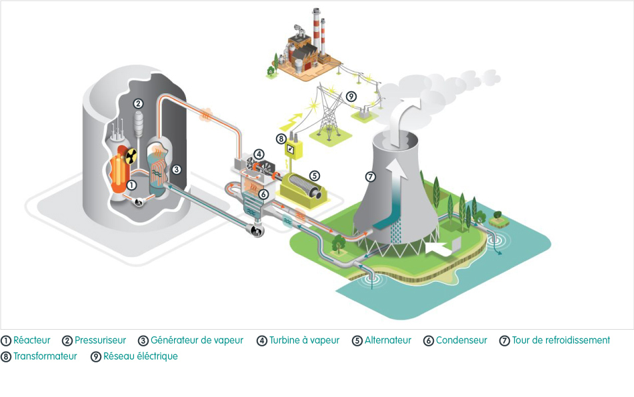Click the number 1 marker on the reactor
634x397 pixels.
click(131, 185)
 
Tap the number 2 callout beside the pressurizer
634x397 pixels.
click(138, 103)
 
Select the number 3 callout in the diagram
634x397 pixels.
click(176, 169)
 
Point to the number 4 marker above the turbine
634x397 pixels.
click(259, 154)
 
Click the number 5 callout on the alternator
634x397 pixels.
click(314, 176)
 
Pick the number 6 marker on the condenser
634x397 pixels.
click(263, 194)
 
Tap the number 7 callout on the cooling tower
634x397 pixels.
click(371, 177)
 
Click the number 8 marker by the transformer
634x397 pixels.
click(282, 139)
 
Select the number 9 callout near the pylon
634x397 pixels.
click(351, 97)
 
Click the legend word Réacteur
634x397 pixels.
click(32, 340)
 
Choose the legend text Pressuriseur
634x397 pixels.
click(100, 340)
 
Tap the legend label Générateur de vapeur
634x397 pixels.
click(197, 340)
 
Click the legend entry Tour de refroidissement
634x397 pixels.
click(561, 340)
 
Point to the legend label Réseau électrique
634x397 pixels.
click(140, 356)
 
